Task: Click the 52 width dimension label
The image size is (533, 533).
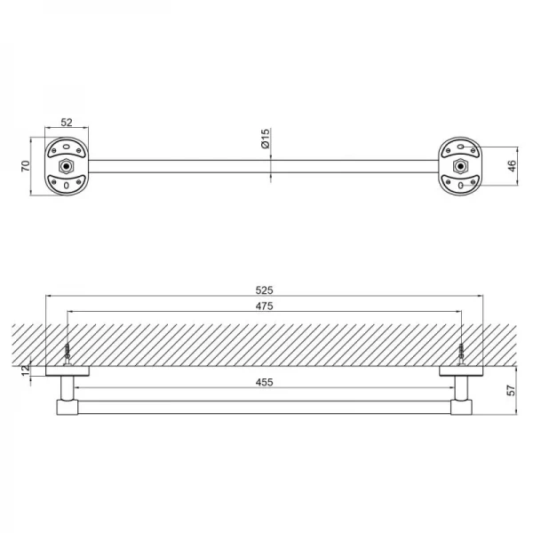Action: click(x=67, y=122)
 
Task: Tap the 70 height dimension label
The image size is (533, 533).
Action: click(x=26, y=166)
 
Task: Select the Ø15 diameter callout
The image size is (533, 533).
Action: click(x=265, y=139)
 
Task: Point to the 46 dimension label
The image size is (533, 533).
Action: click(x=512, y=166)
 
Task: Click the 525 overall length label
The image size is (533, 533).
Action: click(x=264, y=290)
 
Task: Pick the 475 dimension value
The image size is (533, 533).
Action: click(x=264, y=306)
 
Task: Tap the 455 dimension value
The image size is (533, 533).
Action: click(x=264, y=382)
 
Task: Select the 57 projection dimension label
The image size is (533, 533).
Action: click(x=511, y=390)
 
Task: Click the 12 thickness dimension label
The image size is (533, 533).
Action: click(x=26, y=370)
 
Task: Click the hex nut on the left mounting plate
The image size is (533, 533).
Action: click(x=67, y=166)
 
